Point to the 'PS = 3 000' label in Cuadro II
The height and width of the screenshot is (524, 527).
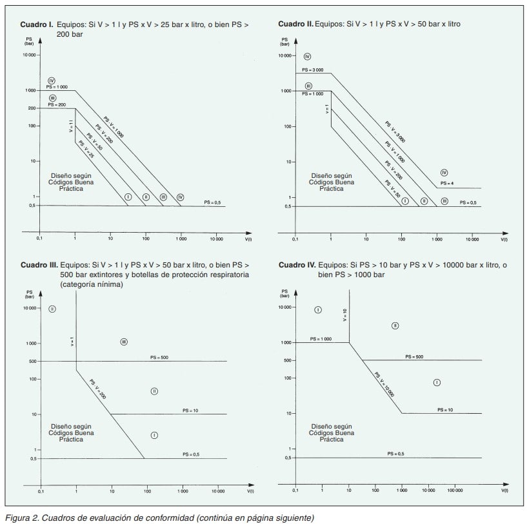tap(312, 70)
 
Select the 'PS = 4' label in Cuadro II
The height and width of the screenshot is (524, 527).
tap(447, 184)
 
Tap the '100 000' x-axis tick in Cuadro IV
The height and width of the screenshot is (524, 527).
tap(455, 490)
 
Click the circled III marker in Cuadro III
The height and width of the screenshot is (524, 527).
tap(123, 342)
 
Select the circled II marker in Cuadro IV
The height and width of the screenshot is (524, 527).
tap(395, 325)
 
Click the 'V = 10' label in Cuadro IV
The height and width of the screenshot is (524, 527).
tap(344, 315)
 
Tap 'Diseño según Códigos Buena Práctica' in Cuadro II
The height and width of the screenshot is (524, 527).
tap(326, 182)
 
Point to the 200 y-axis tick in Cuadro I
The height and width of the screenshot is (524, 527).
tap(31, 108)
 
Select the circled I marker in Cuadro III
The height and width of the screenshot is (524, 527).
tap(154, 436)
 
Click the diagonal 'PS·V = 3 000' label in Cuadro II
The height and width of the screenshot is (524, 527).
tap(395, 131)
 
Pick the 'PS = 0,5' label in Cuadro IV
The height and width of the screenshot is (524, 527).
tap(395, 454)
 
